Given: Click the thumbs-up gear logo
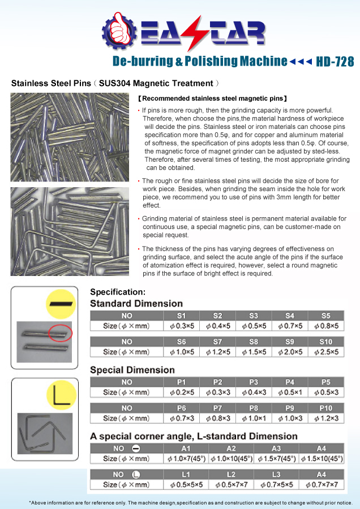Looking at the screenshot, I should point(118,31).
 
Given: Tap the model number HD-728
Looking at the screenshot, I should point(336,61).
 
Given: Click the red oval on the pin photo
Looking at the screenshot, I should point(60,333).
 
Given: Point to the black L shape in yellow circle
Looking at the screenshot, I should point(61,395).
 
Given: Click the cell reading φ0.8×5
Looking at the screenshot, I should point(325,326).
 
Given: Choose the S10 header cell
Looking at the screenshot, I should point(325,342).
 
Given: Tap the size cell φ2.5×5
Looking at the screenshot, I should point(325,352).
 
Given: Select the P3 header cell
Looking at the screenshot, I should point(254,382).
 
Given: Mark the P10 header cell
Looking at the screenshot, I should point(325,408).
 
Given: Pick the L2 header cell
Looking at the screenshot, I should point(231,475).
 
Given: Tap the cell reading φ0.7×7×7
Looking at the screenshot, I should point(322,485).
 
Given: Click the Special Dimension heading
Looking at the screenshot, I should point(132,370).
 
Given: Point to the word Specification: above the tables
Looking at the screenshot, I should point(118,292).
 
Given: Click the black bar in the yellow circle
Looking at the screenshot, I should point(61,303).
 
